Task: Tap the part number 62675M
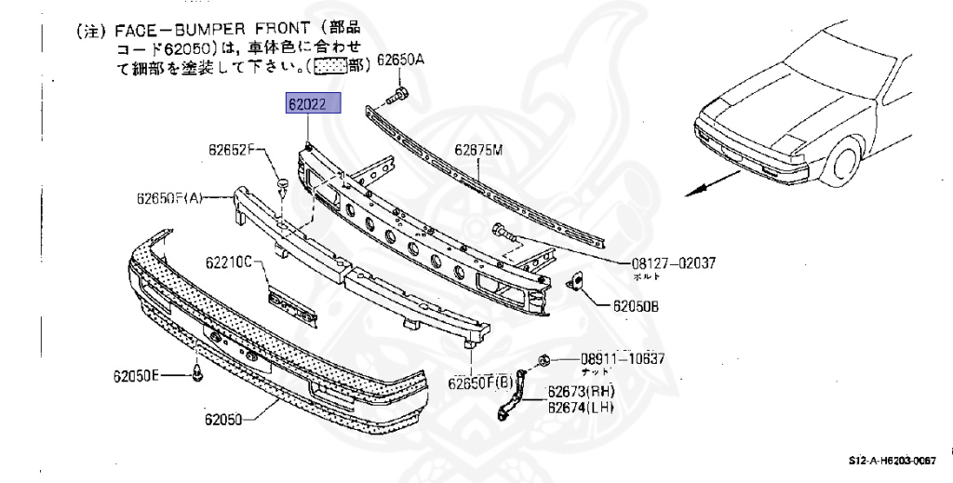click(477, 149)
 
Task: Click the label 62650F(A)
click(168, 197)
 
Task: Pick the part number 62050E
click(137, 376)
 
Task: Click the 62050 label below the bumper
click(224, 419)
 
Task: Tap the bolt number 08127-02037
click(668, 263)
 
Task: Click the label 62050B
click(636, 305)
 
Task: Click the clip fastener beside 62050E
click(196, 374)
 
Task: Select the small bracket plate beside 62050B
click(576, 280)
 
